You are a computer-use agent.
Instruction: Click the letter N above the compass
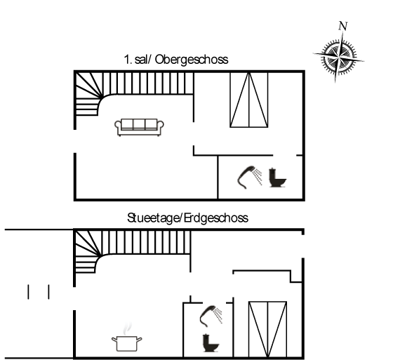[343, 26]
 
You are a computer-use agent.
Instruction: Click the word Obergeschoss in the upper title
[192, 60]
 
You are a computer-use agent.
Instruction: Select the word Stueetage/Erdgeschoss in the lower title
[187, 218]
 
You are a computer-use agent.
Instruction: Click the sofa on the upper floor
[139, 127]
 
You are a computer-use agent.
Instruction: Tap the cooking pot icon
[127, 343]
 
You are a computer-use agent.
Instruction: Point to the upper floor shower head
[246, 177]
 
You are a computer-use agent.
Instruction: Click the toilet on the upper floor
[277, 178]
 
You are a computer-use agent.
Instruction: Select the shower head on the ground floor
[208, 316]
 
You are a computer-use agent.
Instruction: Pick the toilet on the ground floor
[211, 342]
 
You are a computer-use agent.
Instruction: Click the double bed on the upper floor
[249, 100]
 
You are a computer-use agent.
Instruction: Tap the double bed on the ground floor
[267, 329]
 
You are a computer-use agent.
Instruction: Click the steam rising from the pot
[127, 328]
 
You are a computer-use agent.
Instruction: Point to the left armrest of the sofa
[118, 127]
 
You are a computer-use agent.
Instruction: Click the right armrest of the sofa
[161, 127]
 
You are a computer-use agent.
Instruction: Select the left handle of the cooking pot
[114, 340]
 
